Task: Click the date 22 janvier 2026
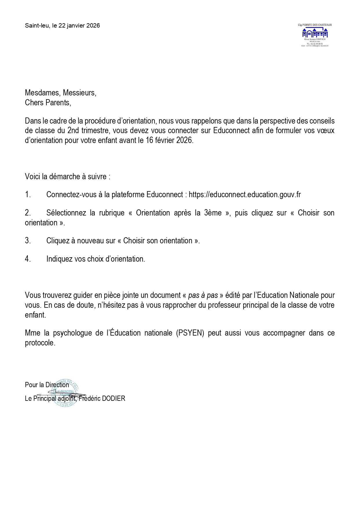coord(79,26)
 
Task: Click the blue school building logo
coord(315,33)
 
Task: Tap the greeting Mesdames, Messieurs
coord(60,93)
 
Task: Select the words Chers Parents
coord(48,103)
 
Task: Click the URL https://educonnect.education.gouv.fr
coord(245,195)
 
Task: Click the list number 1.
coord(28,195)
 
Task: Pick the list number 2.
coord(28,213)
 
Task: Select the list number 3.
coord(28,241)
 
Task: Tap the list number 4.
coord(28,259)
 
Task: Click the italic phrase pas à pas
coord(203,295)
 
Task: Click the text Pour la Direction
coord(47,385)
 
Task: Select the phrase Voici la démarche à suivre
coord(67,177)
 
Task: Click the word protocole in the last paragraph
coord(40,343)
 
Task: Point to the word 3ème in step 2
coord(213,213)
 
